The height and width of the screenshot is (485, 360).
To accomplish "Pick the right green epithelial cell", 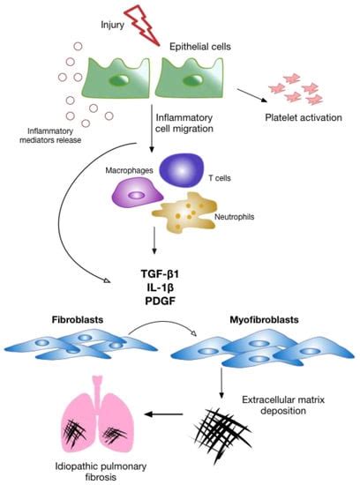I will [x=189, y=81].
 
